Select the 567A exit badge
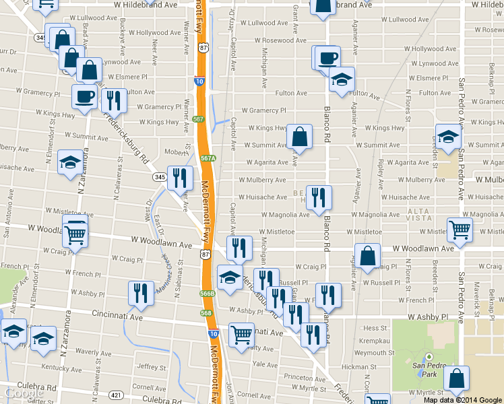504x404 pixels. click(208, 158)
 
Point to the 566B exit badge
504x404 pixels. click(207, 294)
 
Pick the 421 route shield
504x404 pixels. click(117, 395)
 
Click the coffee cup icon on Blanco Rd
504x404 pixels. click(328, 58)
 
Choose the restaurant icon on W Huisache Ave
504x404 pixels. click(319, 198)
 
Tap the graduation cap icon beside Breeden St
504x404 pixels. click(448, 137)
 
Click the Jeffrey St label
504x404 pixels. click(151, 367)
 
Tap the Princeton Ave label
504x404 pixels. click(304, 378)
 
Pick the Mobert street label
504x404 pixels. click(175, 152)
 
